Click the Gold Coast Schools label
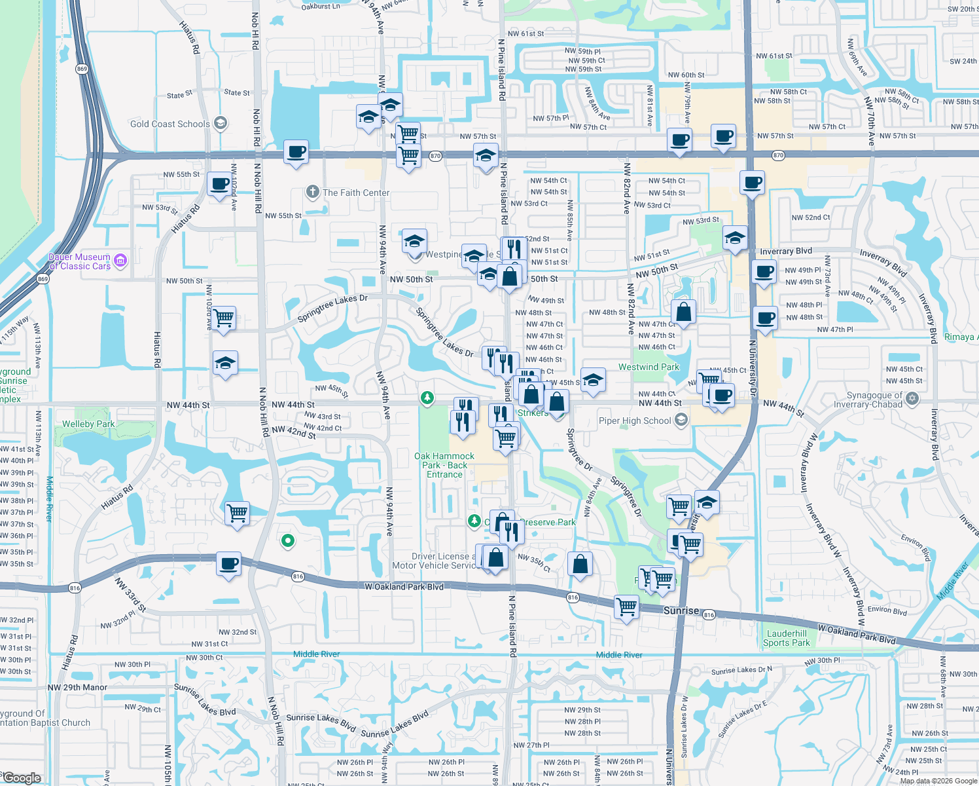170,124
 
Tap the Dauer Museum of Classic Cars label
80,261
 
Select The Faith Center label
355,193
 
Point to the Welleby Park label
88,424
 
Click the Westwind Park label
649,367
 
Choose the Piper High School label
635,421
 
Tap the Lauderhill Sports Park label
786,638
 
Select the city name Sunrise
681,610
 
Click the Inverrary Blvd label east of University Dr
785,251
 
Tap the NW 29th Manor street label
77,687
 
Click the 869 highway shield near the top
82,69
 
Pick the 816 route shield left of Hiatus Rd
75,588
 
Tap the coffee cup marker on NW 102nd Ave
221,184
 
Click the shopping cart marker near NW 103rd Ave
224,318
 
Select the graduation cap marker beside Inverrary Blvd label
735,238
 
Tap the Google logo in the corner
21,777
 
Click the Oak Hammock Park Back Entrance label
444,465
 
